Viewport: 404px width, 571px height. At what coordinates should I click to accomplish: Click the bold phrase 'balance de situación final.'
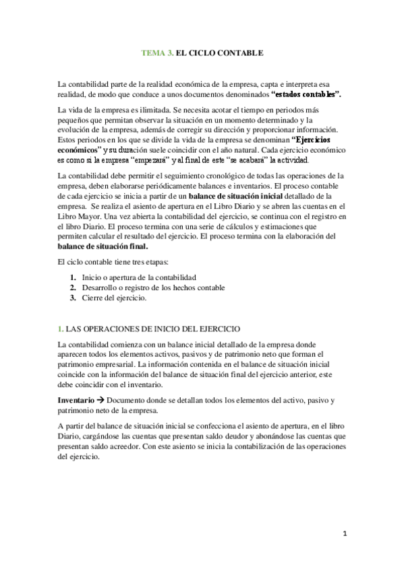[x=102, y=247]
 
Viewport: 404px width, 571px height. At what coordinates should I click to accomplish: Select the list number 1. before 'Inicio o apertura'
[x=73, y=278]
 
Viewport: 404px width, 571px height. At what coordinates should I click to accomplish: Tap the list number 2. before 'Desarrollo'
[x=73, y=288]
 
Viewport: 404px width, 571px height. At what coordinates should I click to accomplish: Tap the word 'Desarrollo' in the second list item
[x=100, y=288]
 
